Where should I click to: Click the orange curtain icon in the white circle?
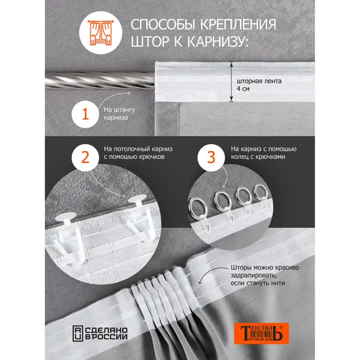coord(101,32)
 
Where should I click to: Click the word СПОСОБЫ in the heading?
coord(164,25)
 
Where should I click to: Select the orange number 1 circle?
coord(85,114)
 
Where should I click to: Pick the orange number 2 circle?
coord(85,157)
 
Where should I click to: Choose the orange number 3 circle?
coord(211,157)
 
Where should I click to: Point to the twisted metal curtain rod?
coord(100,80)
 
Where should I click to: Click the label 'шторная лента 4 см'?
coord(259,85)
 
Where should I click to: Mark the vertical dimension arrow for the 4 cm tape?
coord(232,82)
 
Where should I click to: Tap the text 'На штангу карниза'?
coord(119,113)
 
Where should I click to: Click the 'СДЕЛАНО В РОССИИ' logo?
coord(100,333)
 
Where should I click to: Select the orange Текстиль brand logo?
coord(261,334)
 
